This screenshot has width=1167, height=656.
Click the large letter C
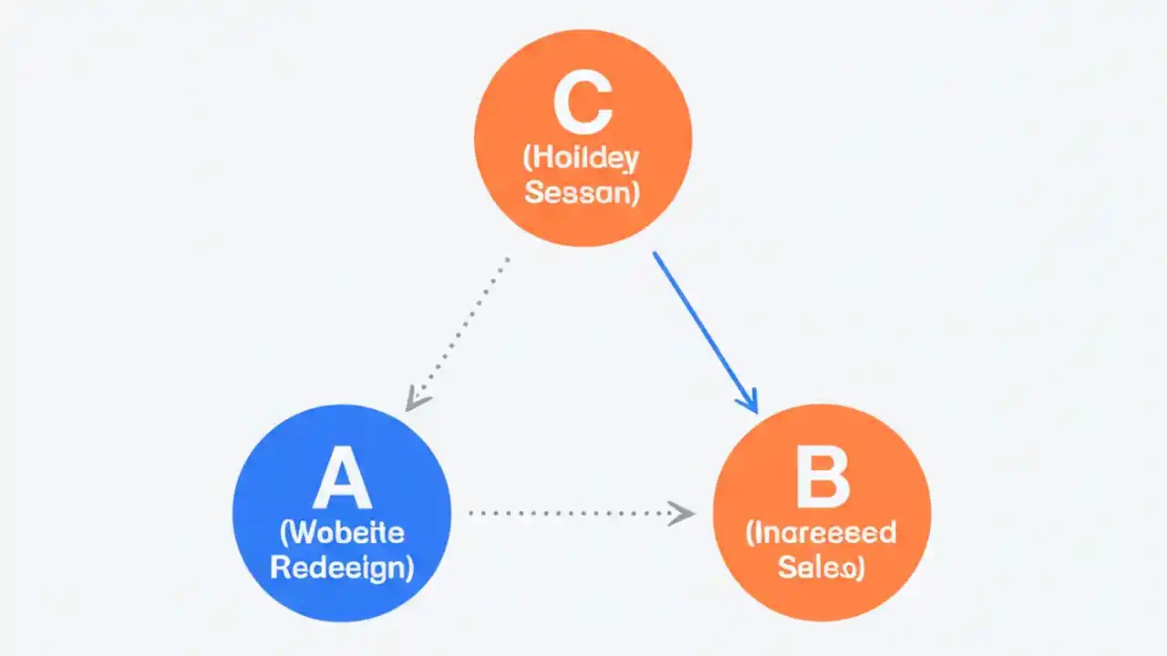pos(583,107)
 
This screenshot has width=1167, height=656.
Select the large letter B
pos(821,480)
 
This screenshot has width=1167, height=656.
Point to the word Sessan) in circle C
pos(583,192)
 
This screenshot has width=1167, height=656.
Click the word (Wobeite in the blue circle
pos(342,533)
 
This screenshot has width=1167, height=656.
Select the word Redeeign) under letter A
pos(342,568)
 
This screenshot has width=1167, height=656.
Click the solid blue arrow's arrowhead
pos(749,402)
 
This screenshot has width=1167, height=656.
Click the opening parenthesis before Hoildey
pos(527,157)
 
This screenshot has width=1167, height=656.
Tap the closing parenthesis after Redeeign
pos(408,569)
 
